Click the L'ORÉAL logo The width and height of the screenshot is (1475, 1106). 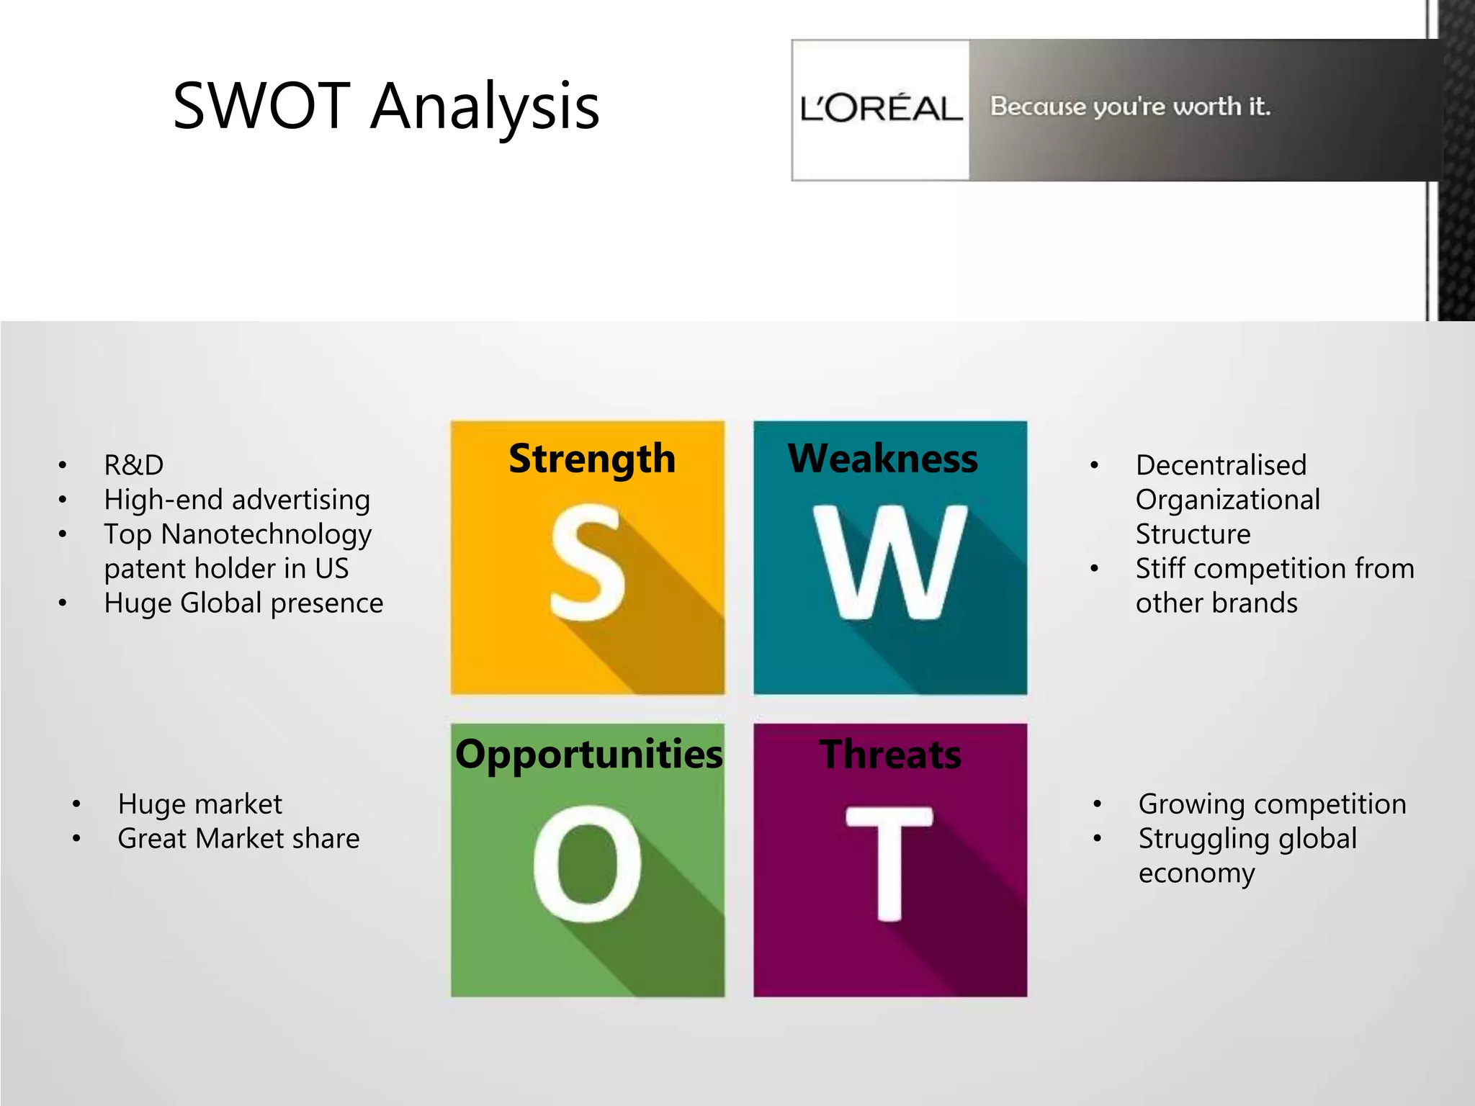[x=880, y=109]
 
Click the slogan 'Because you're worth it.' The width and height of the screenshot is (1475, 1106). [x=1130, y=107]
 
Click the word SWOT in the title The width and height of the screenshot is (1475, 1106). [x=261, y=106]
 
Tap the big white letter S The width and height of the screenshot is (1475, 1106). [x=587, y=562]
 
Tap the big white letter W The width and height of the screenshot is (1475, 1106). [x=889, y=562]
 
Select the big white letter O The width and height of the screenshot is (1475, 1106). [x=587, y=864]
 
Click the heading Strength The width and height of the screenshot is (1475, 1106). [x=592, y=459]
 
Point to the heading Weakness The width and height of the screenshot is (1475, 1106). [x=883, y=459]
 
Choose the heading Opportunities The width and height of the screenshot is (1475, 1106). [x=588, y=754]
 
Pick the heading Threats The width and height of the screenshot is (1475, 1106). [x=890, y=754]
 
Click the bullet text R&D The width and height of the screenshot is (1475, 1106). [x=134, y=465]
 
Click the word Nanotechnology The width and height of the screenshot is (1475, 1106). [x=266, y=534]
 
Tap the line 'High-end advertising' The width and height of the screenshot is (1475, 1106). [x=237, y=500]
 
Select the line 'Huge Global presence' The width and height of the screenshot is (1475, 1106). [x=243, y=603]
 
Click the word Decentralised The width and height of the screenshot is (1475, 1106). [x=1221, y=465]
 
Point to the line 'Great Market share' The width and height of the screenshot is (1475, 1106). [x=238, y=839]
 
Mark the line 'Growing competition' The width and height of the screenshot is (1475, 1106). [x=1272, y=804]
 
